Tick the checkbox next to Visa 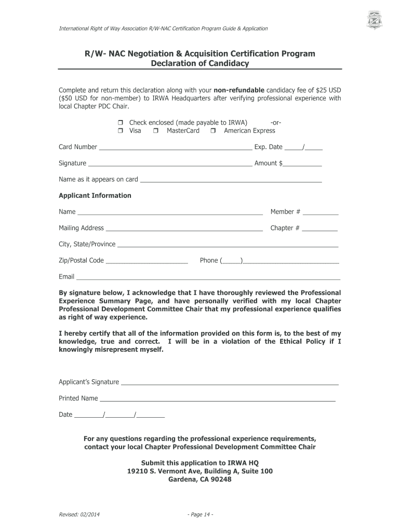click(119, 131)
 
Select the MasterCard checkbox click(156, 131)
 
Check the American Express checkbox click(214, 131)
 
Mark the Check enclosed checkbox click(119, 123)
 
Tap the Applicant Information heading click(95, 196)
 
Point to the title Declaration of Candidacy click(200, 64)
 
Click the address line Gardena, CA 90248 click(200, 480)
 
